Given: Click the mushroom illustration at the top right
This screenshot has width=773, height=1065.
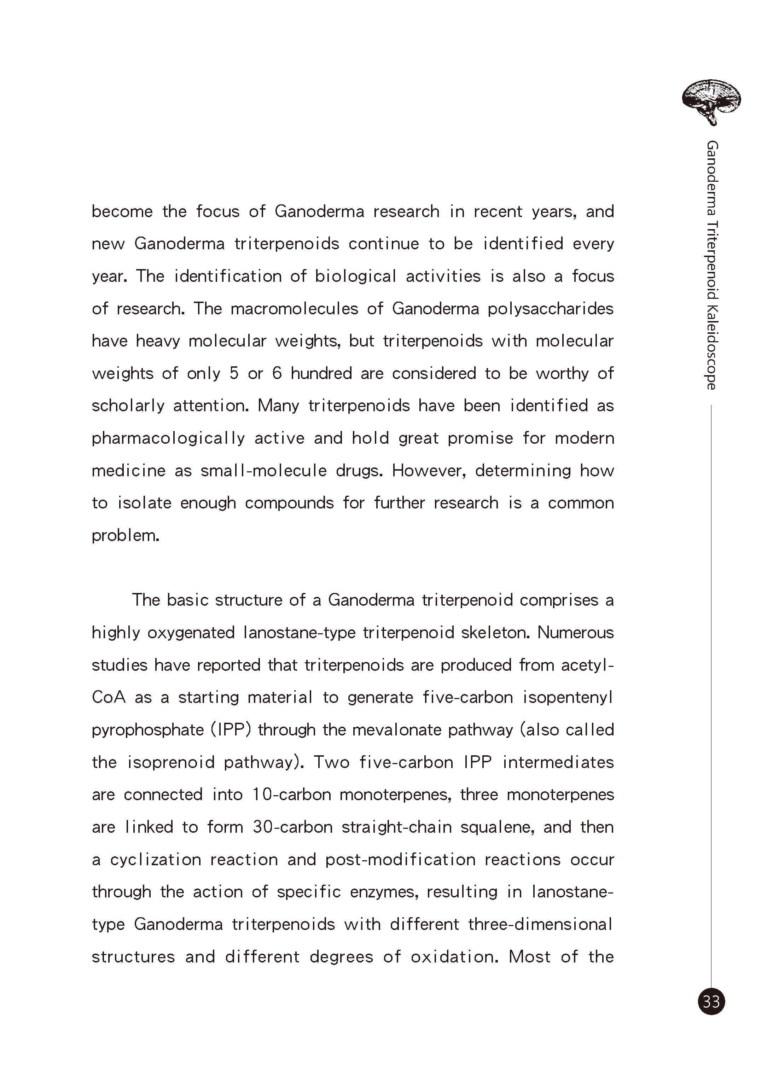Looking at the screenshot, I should pos(711,101).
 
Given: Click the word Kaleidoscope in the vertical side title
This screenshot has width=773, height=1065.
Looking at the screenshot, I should pos(711,347).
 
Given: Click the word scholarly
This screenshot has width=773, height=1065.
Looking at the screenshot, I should pos(128,406).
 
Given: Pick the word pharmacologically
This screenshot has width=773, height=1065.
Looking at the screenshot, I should pos(168,438).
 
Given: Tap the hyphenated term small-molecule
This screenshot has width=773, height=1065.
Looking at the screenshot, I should pos(263,471).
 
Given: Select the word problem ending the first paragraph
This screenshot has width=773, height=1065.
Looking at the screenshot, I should pos(126,535).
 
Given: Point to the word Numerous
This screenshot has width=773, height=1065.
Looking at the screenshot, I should pos(575,633).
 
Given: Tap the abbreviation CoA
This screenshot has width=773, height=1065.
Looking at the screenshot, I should pos(109,697).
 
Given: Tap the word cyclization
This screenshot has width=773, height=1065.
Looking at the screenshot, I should pos(156,859).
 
